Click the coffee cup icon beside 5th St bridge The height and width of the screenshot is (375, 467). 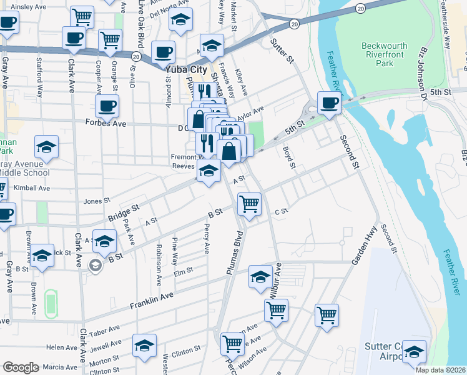coord(329,102)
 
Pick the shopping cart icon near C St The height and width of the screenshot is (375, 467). coord(249,203)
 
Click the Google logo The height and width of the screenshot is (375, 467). coord(21,367)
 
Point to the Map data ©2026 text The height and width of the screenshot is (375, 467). coord(440,370)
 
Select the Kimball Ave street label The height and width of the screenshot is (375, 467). coord(35,188)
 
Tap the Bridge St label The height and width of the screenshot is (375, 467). coord(122,212)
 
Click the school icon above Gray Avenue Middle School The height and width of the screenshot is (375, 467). coord(46,147)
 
